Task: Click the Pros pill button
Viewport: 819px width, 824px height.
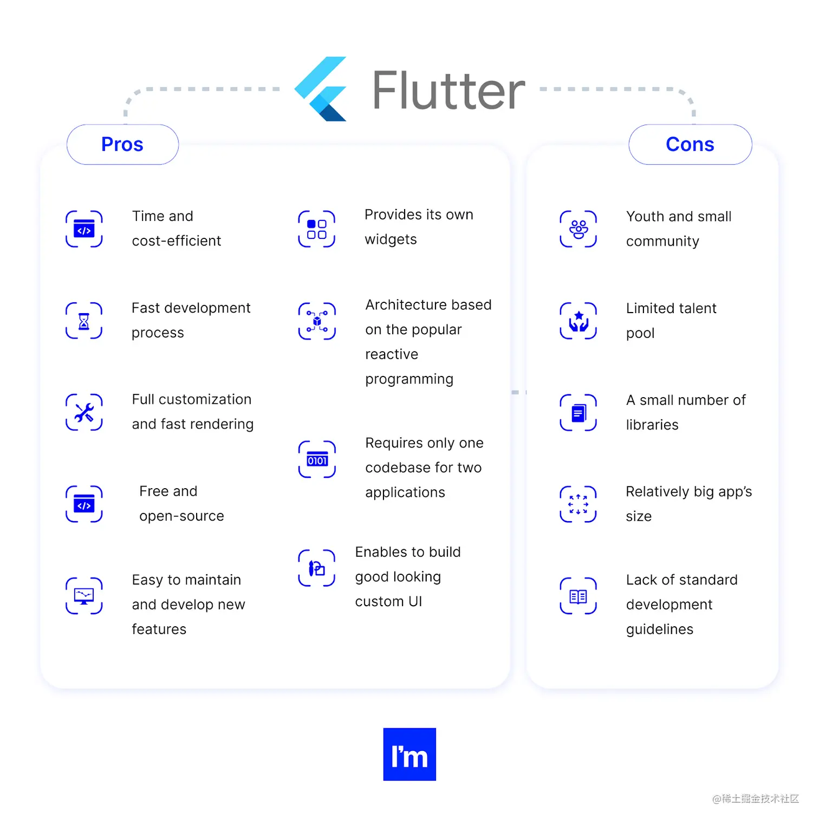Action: point(122,145)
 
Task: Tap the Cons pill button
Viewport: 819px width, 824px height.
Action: point(690,145)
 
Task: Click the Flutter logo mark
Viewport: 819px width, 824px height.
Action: point(321,89)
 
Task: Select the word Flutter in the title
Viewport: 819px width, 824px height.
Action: point(448,90)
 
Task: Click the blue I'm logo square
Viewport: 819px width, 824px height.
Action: point(409,754)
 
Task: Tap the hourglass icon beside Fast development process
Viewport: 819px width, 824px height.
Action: point(84,321)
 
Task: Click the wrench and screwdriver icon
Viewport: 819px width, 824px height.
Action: point(84,412)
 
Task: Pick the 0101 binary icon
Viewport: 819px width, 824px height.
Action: point(317,459)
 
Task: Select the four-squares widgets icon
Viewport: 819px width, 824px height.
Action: point(317,229)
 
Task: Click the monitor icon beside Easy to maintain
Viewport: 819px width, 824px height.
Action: point(84,596)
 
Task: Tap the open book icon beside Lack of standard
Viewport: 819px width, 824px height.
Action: point(578,596)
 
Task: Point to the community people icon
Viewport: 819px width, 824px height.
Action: point(578,229)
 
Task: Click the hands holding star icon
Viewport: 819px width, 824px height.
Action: point(578,321)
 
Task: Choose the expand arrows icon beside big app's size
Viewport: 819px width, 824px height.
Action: point(578,504)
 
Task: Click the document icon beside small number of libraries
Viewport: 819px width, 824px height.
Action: point(578,413)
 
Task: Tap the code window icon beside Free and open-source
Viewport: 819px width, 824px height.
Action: point(84,504)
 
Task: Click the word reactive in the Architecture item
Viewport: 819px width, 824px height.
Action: point(392,354)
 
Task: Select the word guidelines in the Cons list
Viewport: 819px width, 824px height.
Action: point(660,630)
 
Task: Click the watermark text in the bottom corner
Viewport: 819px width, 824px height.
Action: point(756,799)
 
